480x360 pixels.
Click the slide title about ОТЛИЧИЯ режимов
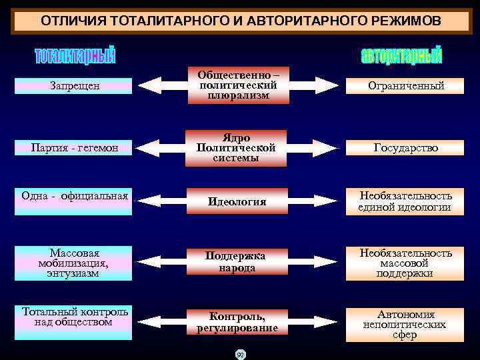pos(240,21)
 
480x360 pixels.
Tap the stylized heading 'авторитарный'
pos(401,56)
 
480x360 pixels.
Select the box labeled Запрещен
pos(75,86)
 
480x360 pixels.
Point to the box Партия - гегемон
pos(75,147)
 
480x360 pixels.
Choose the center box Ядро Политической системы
pos(237,147)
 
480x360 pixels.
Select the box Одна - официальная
pos(75,196)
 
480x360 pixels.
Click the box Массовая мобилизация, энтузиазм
pos(75,263)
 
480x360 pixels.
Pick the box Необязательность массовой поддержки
pos(406,263)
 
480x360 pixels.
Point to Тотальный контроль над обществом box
pos(75,317)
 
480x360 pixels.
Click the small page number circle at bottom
pos(239,354)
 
